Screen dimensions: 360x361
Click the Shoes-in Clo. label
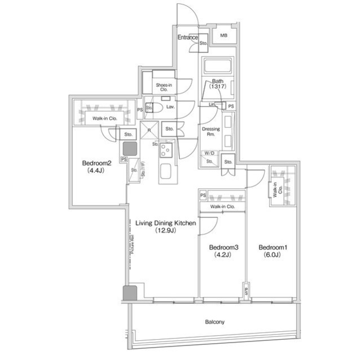pos(164,87)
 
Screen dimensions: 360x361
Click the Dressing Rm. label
pos(210,132)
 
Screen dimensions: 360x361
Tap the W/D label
pos(209,153)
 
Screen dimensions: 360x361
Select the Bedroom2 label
pos(97,163)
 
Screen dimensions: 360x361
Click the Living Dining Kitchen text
pos(165,223)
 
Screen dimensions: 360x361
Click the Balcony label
pos(214,322)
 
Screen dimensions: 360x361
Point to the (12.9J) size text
pos(165,230)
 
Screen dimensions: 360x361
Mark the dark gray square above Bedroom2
pos(129,149)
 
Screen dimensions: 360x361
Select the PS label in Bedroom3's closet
pos(203,195)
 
